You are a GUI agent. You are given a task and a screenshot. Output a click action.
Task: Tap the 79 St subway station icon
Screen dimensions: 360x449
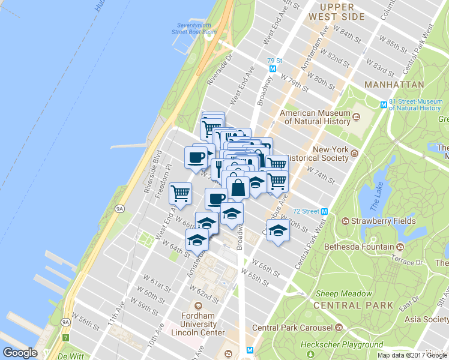(273, 69)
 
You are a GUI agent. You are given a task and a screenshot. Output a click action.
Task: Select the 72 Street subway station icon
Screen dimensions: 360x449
(324, 211)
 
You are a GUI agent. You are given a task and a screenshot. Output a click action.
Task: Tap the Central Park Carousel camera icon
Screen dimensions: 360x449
(339, 328)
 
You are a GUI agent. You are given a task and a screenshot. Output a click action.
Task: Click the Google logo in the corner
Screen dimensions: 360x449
(20, 353)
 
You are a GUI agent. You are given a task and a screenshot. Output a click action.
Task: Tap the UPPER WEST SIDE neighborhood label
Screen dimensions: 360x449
(336, 11)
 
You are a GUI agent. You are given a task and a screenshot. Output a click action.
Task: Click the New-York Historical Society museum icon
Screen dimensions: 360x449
(354, 153)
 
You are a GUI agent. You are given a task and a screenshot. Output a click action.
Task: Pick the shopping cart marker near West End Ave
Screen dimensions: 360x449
(180, 193)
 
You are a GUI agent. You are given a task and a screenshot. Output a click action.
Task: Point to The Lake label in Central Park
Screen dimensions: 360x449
(376, 196)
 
